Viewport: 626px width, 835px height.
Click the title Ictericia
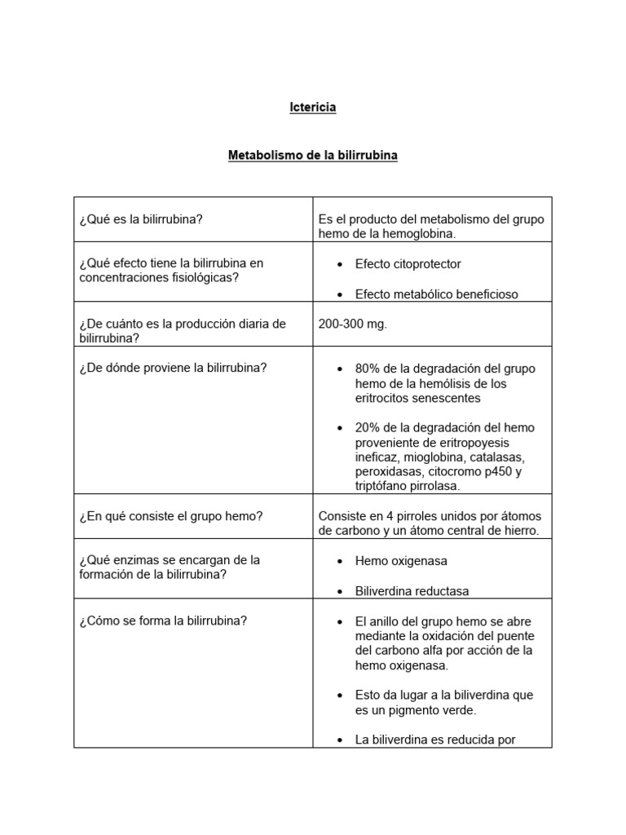click(x=313, y=108)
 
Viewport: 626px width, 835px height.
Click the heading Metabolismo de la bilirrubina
click(x=313, y=155)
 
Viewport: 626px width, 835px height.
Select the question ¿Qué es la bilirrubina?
click(x=141, y=219)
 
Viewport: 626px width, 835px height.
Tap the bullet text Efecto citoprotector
click(x=408, y=264)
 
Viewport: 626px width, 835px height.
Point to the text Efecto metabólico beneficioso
click(x=436, y=294)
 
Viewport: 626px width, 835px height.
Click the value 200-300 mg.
click(x=353, y=324)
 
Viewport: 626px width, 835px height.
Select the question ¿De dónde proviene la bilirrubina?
click(x=173, y=368)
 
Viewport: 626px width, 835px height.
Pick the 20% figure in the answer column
click(x=366, y=428)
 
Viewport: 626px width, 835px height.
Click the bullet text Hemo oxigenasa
click(x=401, y=561)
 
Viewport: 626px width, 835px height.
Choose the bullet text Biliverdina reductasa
click(x=412, y=591)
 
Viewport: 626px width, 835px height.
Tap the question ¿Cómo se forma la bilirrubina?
click(x=163, y=621)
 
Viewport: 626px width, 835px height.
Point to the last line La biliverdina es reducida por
click(x=434, y=740)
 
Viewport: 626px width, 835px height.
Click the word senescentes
click(x=443, y=399)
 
